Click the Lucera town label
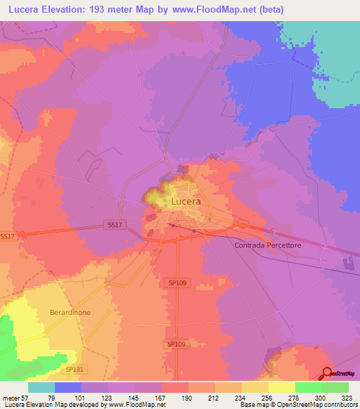coord(186,202)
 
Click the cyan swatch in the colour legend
coord(41,387)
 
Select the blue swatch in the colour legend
coord(68,387)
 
